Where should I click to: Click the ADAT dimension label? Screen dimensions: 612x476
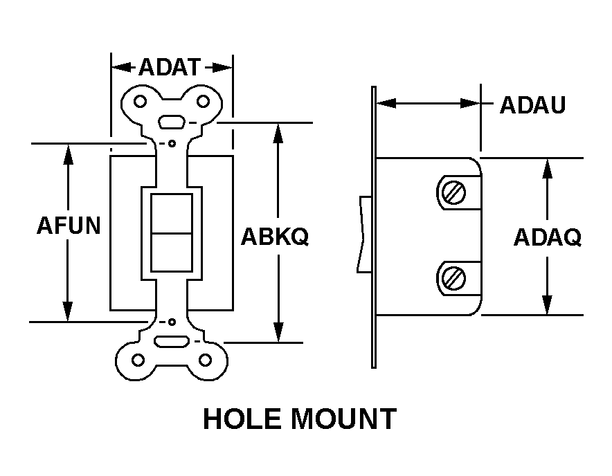point(170,67)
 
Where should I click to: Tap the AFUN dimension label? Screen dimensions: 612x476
point(69,225)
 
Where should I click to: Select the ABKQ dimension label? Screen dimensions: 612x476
point(275,236)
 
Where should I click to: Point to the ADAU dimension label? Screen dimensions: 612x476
point(533,104)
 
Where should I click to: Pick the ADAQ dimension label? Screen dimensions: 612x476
point(548,237)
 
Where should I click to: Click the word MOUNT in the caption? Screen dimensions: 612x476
point(344,419)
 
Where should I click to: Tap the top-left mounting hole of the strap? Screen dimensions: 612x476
point(140,102)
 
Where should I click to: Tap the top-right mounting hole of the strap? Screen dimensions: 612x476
point(203,102)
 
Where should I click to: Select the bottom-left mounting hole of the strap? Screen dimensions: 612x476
point(138,360)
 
